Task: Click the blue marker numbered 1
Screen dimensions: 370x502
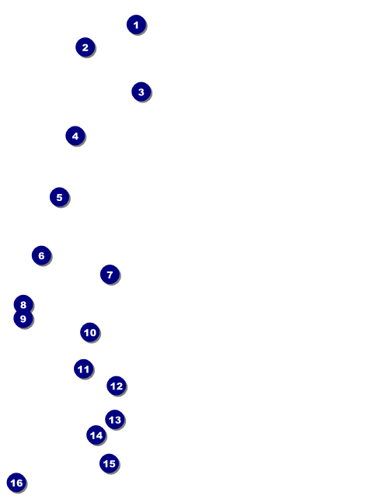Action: [136, 24]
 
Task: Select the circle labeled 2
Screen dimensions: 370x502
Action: [86, 47]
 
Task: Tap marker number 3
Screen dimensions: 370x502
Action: [141, 92]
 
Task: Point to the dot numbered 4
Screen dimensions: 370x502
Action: [75, 136]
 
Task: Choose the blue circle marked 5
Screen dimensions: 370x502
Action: [60, 197]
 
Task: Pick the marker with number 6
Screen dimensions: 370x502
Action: [42, 255]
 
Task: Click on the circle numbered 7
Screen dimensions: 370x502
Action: [110, 275]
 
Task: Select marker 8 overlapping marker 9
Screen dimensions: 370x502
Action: [23, 304]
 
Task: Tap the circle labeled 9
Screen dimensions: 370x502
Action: [23, 319]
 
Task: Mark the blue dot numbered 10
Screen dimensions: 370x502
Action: [90, 332]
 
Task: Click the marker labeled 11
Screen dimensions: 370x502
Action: [84, 369]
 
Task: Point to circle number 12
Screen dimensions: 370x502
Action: [117, 386]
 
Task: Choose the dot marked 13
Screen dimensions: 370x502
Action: [115, 420]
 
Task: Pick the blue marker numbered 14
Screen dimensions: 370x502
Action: [96, 435]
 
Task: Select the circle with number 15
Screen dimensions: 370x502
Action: [110, 463]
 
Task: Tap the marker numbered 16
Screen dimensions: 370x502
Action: [16, 483]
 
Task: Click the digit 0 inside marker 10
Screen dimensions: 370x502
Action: [92, 333]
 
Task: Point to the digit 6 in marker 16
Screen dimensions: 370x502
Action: [19, 483]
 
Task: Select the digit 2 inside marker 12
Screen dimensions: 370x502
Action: [119, 386]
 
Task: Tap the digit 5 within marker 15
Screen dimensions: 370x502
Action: [112, 463]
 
